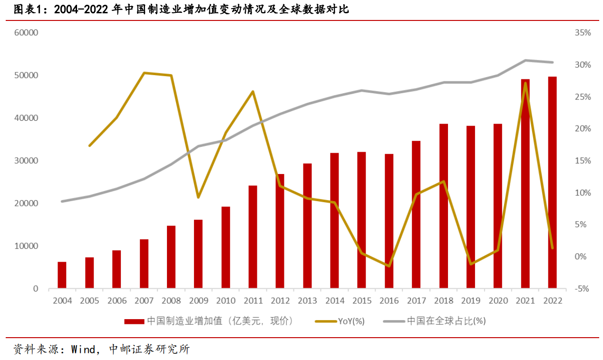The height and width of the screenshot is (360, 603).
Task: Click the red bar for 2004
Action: click(62, 275)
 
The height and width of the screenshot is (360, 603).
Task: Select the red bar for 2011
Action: click(253, 237)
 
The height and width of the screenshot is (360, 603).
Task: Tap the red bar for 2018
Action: click(443, 206)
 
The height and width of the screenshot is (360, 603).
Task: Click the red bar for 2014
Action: click(334, 221)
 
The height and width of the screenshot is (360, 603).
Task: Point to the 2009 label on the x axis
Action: click(198, 301)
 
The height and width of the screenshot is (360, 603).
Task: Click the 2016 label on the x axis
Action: click(389, 301)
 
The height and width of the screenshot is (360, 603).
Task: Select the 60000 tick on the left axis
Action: click(27, 33)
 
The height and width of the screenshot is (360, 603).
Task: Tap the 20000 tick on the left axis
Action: click(27, 204)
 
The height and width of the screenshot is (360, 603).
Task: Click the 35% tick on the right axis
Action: click(582, 33)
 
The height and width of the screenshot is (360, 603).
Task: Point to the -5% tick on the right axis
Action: click(582, 289)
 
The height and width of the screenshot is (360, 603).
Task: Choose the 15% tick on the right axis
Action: click(582, 161)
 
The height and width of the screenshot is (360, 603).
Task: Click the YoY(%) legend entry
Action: click(351, 321)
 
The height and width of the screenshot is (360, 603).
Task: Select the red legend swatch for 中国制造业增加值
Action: click(135, 321)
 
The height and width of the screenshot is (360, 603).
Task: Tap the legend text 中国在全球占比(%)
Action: click(446, 321)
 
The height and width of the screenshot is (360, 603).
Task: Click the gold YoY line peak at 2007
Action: click(144, 73)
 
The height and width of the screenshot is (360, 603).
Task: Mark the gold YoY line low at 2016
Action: click(389, 266)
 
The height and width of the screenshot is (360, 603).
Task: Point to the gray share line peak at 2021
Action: click(525, 60)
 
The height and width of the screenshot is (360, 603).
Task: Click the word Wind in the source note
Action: click(84, 350)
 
